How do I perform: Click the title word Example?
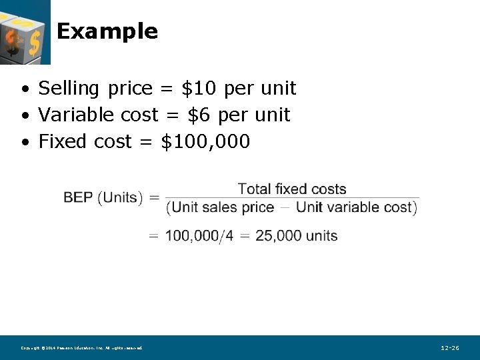107,31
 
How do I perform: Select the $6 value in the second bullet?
199,115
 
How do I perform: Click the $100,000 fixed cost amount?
205,141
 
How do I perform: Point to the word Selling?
69,88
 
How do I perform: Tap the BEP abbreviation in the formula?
78,197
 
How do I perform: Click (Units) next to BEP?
121,197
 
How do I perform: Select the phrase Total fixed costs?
292,189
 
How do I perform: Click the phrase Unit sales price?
223,207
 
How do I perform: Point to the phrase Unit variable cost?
354,207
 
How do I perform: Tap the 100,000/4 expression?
199,235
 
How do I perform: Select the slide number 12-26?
450,348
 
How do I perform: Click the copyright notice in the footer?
81,348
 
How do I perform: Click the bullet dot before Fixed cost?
24,142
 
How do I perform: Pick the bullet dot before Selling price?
24,89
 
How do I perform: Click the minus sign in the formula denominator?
285,207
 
